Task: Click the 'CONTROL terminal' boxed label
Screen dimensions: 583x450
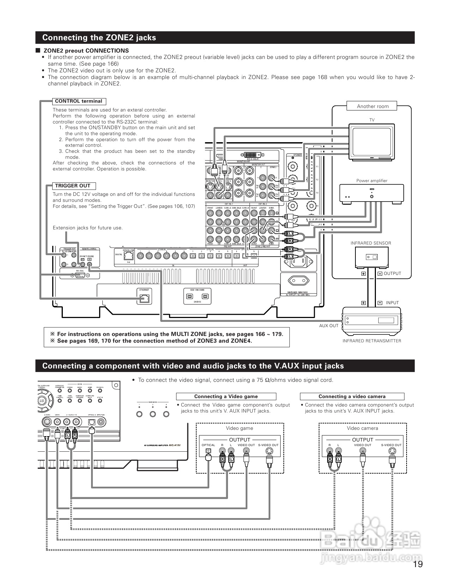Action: [x=78, y=101]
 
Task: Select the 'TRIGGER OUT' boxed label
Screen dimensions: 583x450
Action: [x=72, y=186]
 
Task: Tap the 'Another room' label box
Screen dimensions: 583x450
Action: [x=372, y=106]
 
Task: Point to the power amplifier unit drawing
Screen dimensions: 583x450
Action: [x=372, y=193]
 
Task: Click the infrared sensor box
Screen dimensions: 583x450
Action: [x=372, y=257]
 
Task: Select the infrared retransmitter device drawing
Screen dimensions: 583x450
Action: [x=372, y=320]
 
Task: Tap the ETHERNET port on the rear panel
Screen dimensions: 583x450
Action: [x=144, y=298]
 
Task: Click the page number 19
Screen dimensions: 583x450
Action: [x=418, y=564]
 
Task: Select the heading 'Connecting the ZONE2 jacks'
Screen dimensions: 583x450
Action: [x=99, y=38]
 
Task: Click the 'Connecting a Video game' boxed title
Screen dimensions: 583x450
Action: [x=226, y=397]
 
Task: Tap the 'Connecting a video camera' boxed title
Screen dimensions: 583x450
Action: [x=352, y=397]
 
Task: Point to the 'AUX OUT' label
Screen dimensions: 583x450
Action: [x=329, y=326]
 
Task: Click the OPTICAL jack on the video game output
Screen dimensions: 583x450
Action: [x=209, y=451]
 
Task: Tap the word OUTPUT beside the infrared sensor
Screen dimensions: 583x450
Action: [x=392, y=274]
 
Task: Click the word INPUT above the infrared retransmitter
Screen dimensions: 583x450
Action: [x=392, y=303]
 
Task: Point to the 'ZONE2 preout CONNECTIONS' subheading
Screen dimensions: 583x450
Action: [x=86, y=51]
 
